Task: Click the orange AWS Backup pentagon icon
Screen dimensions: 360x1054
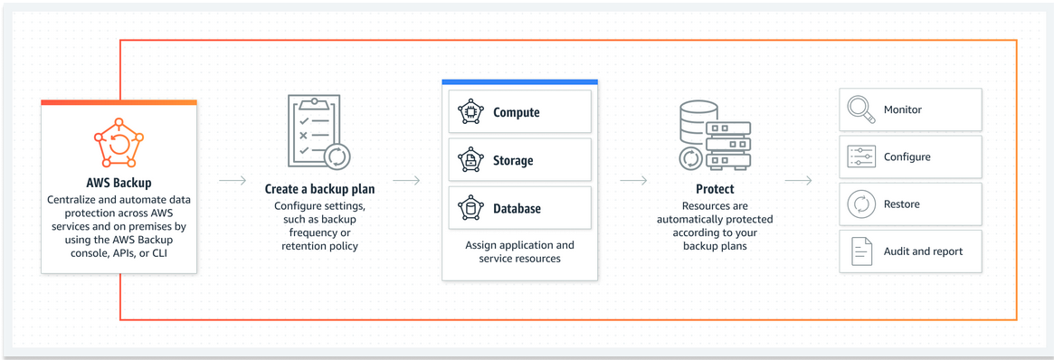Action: click(x=119, y=145)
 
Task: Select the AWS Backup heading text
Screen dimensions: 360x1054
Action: click(x=119, y=184)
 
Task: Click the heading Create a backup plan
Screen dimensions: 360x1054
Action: click(x=319, y=190)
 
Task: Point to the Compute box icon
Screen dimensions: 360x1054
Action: click(x=470, y=112)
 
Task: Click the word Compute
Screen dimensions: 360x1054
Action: click(x=517, y=113)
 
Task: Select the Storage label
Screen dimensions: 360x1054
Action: click(x=513, y=161)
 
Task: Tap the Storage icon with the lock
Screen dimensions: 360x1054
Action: click(x=470, y=160)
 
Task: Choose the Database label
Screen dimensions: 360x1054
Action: click(x=517, y=209)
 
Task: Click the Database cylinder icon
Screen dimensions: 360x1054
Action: click(x=470, y=208)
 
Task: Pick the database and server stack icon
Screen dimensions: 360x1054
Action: click(x=714, y=135)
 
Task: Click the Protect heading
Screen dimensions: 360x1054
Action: click(x=715, y=190)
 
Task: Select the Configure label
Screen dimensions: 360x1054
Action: click(x=907, y=157)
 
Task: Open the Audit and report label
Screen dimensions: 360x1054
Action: click(x=923, y=251)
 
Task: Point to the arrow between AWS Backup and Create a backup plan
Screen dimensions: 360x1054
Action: click(x=233, y=180)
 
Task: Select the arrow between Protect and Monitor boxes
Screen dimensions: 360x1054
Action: click(x=798, y=180)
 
